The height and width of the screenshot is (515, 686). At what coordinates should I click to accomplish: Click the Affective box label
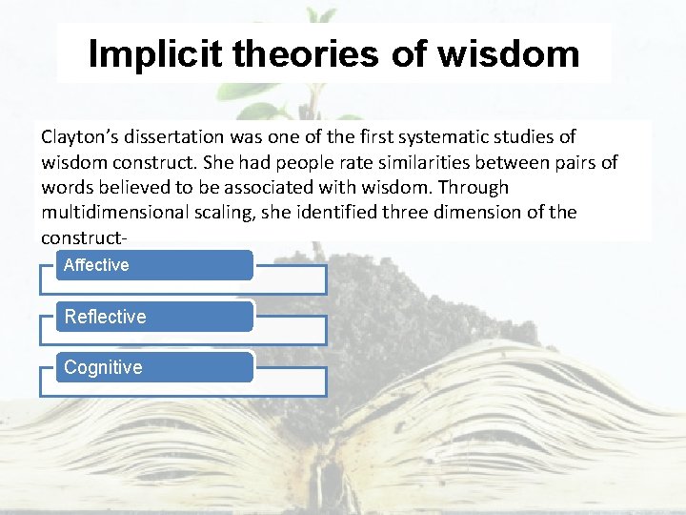(x=96, y=265)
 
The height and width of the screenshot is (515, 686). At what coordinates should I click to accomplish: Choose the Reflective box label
(x=105, y=317)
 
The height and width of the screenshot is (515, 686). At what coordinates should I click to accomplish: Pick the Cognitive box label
(x=103, y=367)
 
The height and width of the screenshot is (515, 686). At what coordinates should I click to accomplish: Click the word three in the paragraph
(x=406, y=212)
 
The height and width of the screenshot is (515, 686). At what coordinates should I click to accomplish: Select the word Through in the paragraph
(x=474, y=187)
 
